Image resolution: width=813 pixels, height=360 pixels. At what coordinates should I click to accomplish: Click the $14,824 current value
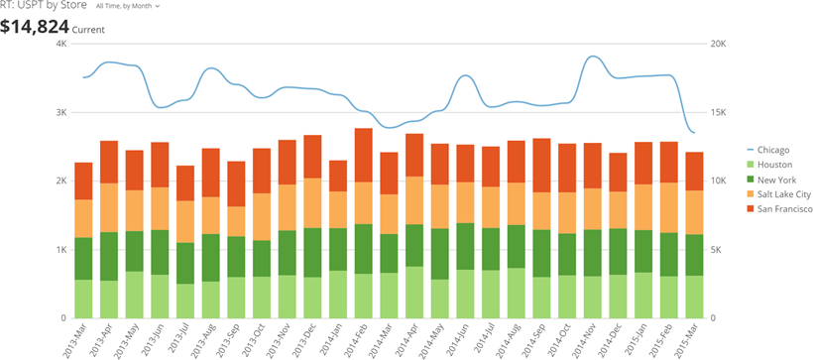coord(35,27)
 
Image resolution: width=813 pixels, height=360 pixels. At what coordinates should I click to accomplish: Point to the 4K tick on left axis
coord(60,44)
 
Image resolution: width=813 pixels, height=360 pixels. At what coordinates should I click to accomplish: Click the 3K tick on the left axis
coord(60,112)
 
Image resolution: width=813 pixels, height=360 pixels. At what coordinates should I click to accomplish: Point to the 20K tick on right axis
coord(719,44)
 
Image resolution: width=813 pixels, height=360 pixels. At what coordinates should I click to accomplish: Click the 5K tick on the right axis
coord(717,249)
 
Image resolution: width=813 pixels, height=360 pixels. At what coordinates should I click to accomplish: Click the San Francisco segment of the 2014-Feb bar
coord(363,155)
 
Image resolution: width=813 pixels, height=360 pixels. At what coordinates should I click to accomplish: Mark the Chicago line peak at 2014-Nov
coord(593,57)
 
